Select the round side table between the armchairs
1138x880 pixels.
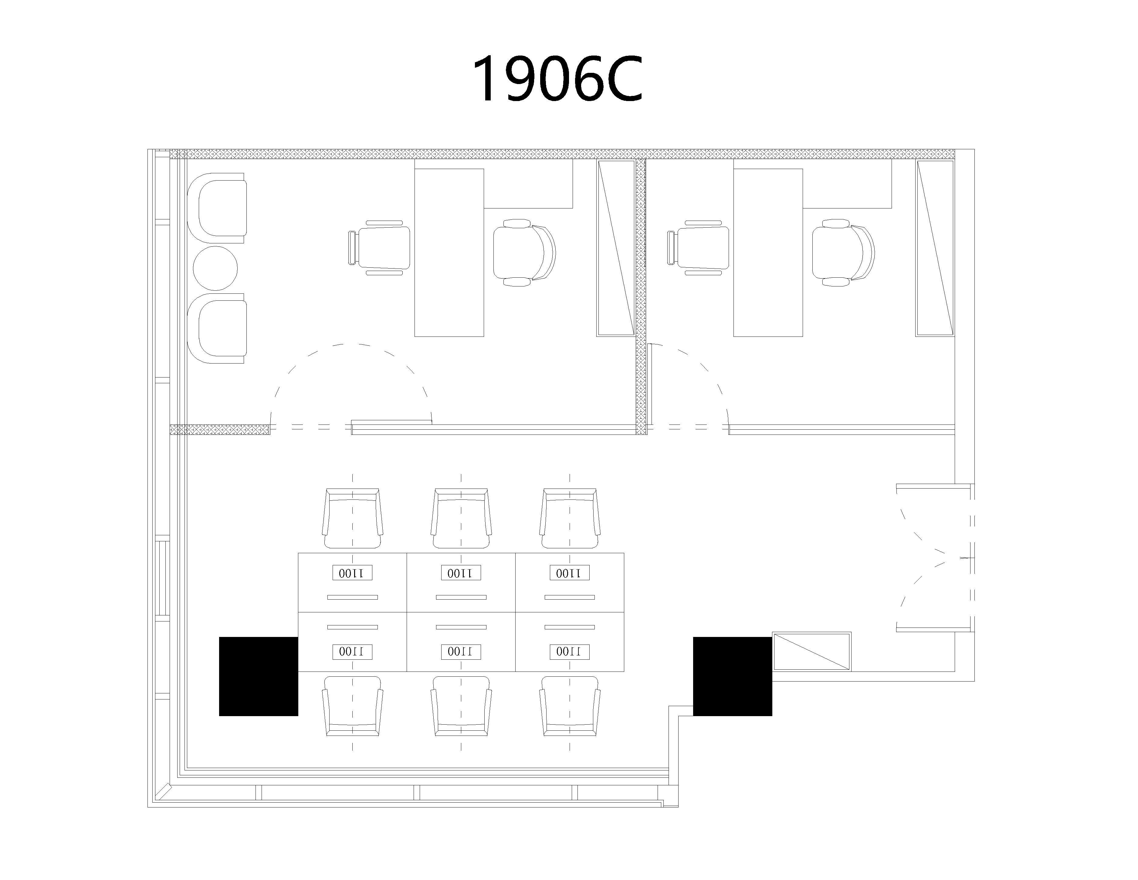point(215,268)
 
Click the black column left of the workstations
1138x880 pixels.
point(259,676)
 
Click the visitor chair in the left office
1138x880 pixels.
point(379,248)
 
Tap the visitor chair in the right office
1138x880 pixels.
point(698,248)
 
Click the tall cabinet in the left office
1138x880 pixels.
point(616,248)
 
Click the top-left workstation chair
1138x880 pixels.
point(352,518)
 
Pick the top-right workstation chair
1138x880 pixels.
point(570,518)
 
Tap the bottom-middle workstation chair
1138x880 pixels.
point(461,706)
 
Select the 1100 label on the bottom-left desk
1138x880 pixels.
point(352,651)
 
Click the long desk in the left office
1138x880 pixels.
point(449,253)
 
